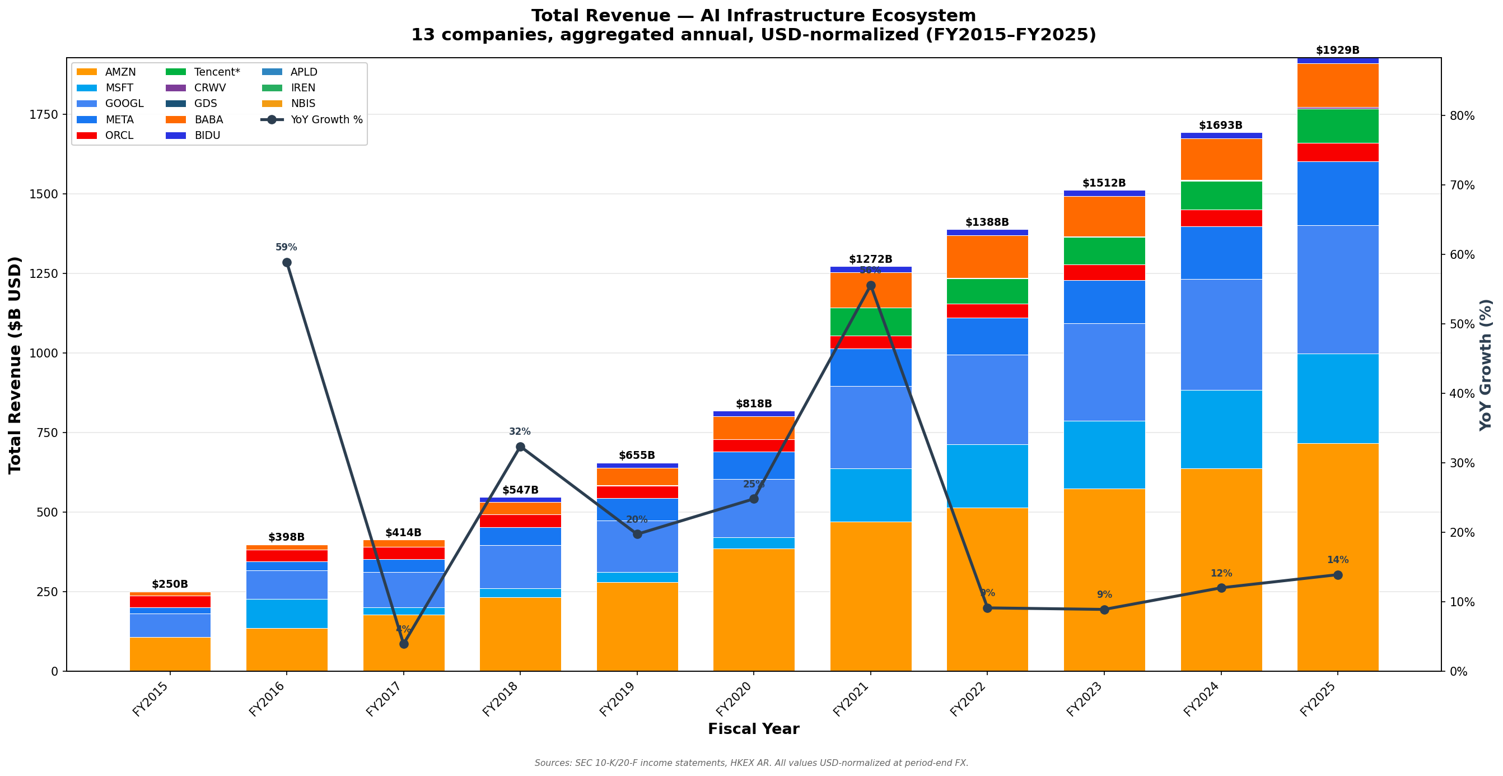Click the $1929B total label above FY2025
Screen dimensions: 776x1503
click(1337, 51)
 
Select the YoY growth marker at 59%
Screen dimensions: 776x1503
click(287, 263)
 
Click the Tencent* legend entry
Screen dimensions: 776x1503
click(217, 72)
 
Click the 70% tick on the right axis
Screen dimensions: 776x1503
click(1462, 185)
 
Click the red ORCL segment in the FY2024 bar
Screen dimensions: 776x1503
click(1221, 219)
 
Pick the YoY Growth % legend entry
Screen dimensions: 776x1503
click(326, 120)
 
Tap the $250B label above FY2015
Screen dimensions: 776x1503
click(170, 584)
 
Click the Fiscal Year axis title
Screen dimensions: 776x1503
click(753, 729)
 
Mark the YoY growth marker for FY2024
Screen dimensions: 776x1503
click(1221, 588)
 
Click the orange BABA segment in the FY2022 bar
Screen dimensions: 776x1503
click(987, 257)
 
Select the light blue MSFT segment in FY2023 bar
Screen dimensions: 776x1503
click(1104, 455)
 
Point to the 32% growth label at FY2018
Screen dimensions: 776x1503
click(520, 432)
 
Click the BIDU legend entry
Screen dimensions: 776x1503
click(207, 136)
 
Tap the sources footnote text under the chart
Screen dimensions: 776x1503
click(751, 763)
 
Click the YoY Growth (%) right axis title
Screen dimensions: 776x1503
click(1486, 365)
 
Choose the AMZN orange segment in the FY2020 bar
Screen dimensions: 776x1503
click(753, 610)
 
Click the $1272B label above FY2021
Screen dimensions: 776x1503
click(871, 259)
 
